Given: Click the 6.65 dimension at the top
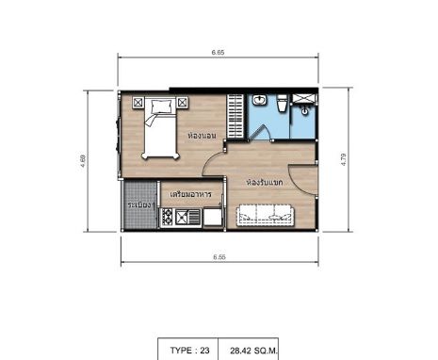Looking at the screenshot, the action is point(218,53).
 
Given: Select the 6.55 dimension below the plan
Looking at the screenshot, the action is point(219,257).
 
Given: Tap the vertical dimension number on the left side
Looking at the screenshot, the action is point(83,160).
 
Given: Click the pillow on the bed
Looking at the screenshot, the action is point(162,106).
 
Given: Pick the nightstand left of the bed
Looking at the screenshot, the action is point(138,103).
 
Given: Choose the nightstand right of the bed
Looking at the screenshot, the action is point(182,103).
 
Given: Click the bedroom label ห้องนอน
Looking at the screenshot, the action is point(202,136).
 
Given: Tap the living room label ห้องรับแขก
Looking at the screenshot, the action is point(265,183).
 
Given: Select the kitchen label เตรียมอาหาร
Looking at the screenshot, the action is point(190,194).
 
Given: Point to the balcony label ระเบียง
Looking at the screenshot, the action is point(141,205).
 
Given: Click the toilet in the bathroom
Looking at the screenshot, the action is point(282,103).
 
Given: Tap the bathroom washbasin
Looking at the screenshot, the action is point(259,100).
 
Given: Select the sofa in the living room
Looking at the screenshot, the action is point(266,215).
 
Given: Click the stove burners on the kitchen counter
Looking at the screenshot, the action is point(167,217).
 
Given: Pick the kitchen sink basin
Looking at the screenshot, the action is point(182,217).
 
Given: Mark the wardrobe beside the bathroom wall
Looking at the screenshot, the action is point(235,116).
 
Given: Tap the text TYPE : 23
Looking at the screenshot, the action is point(189,350).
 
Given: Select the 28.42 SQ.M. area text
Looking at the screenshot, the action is point(253,351).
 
